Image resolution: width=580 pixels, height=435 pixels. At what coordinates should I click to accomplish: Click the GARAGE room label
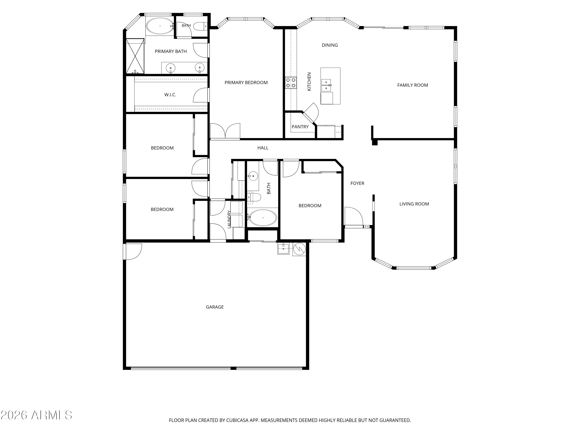pos(215,307)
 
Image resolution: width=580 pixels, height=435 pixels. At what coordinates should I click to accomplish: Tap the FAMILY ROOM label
pos(412,85)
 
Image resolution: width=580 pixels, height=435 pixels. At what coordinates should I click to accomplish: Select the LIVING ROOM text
pos(414,204)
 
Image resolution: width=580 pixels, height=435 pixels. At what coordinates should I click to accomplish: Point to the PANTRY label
pos(300,127)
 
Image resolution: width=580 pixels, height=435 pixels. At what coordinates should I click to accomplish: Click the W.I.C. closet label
pos(170,95)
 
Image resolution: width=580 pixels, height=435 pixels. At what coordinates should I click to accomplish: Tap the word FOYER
pos(357,183)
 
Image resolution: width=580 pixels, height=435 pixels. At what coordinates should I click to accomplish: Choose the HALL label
pos(263,148)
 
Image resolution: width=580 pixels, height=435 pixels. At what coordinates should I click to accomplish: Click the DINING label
pos(330,45)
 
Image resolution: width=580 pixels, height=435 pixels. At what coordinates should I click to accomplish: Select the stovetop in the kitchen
pos(291,83)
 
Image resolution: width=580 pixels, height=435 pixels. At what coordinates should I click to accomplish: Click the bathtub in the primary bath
pos(160,26)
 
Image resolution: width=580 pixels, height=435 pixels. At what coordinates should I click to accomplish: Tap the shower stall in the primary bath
pos(135,56)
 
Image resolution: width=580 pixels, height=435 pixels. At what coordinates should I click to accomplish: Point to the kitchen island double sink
pos(326,85)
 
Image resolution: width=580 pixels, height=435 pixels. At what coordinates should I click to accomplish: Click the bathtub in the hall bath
pos(263,218)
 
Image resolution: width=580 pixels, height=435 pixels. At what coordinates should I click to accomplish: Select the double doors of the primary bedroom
pos(225,131)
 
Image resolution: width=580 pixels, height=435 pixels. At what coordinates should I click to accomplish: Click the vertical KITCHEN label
pos(309,82)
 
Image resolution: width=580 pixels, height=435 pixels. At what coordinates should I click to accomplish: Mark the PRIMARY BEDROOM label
pos(246,83)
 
